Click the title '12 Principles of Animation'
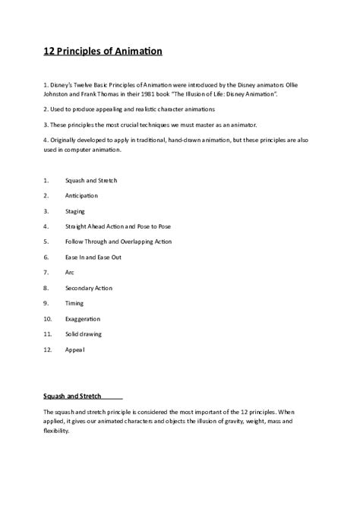click(103, 52)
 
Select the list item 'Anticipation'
click(81, 195)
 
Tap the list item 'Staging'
click(75, 210)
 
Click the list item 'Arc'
click(70, 272)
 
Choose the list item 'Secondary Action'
click(89, 288)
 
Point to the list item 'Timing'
click(75, 303)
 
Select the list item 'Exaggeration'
click(83, 318)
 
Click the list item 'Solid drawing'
click(84, 334)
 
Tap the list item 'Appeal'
click(75, 349)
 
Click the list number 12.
click(47, 349)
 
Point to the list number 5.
click(46, 242)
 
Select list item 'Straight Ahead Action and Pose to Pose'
click(113, 226)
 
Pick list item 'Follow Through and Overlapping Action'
click(118, 242)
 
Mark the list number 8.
click(46, 288)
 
